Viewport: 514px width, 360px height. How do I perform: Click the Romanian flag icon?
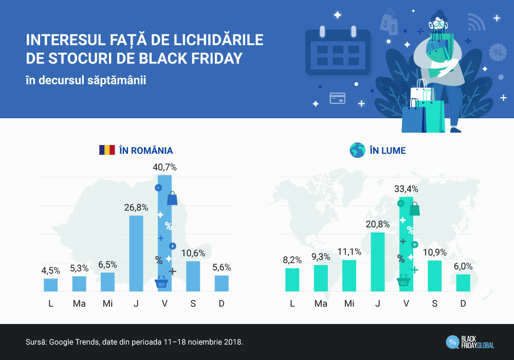coord(107,150)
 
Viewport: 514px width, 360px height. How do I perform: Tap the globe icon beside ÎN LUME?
coord(357,150)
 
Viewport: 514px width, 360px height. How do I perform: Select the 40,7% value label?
coord(164,167)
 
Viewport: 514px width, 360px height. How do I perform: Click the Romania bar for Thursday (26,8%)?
coord(136,254)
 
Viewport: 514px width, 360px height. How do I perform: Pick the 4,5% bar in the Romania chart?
coord(51,285)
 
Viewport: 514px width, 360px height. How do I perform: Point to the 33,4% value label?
coord(406,189)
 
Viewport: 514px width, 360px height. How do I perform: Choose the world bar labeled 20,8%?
coord(378,262)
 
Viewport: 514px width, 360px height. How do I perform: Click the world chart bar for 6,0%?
coord(463,283)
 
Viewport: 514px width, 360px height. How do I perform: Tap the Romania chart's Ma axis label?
coord(79,303)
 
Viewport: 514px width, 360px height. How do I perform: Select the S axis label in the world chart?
coord(435,303)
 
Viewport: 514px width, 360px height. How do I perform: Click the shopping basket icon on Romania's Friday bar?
coord(161,282)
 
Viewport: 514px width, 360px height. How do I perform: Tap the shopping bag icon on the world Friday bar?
coord(414,209)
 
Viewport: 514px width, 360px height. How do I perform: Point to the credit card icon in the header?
coord(337,98)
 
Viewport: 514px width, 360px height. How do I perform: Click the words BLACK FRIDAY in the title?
coord(190,59)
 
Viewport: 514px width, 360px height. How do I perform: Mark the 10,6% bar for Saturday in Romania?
coord(193,276)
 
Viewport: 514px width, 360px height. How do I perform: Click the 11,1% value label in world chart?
coord(350,251)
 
